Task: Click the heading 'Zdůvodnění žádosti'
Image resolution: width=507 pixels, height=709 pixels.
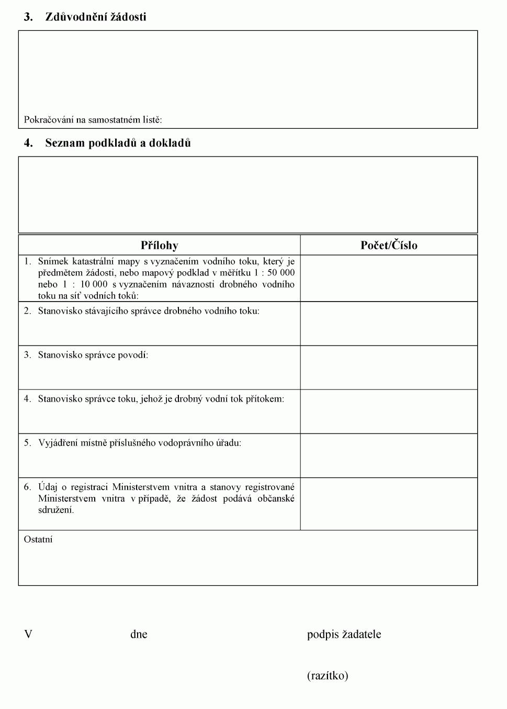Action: pyautogui.click(x=96, y=17)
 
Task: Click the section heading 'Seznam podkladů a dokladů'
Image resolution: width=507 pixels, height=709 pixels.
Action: pyautogui.click(x=118, y=143)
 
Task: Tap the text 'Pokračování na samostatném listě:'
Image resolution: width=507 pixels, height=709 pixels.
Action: pyautogui.click(x=93, y=120)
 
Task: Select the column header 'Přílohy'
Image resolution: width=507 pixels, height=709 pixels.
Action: pyautogui.click(x=160, y=245)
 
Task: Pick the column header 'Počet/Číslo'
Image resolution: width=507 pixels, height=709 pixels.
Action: pyautogui.click(x=389, y=245)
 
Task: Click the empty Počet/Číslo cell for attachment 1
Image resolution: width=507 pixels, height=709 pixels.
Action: pyautogui.click(x=389, y=278)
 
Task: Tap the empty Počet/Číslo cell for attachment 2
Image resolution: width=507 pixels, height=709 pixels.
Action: pyautogui.click(x=389, y=324)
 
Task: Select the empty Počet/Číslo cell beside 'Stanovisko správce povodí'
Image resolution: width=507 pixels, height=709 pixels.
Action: pyautogui.click(x=389, y=368)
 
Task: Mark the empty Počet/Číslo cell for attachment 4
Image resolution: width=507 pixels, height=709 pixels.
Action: pyautogui.click(x=389, y=412)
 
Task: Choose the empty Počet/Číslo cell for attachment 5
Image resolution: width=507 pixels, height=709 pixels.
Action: pyautogui.click(x=389, y=456)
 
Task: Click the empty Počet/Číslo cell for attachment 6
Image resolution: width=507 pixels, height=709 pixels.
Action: pyautogui.click(x=389, y=504)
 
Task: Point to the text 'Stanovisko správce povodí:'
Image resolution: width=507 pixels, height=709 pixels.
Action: pyautogui.click(x=93, y=355)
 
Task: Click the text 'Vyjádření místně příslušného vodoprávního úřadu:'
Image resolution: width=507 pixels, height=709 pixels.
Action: pyautogui.click(x=140, y=443)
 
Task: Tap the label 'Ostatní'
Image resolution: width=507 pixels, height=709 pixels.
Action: pyautogui.click(x=38, y=539)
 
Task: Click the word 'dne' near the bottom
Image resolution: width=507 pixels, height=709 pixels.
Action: pyautogui.click(x=139, y=635)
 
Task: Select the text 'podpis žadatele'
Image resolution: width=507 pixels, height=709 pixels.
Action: pyautogui.click(x=344, y=635)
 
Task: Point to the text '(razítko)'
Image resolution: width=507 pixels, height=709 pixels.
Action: pyautogui.click(x=328, y=675)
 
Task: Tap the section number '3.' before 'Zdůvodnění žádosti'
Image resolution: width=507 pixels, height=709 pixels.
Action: pyautogui.click(x=28, y=17)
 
